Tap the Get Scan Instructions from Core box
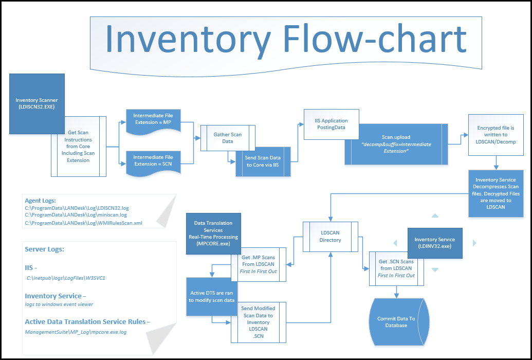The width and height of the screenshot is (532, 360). (x=78, y=147)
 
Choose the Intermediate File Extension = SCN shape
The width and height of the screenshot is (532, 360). (x=153, y=160)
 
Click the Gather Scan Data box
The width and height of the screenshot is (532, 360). (x=227, y=138)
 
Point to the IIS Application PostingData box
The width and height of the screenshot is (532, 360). (x=331, y=124)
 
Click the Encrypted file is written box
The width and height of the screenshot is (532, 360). (x=496, y=135)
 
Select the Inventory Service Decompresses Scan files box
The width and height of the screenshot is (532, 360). (x=496, y=193)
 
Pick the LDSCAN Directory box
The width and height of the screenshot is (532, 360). (x=331, y=237)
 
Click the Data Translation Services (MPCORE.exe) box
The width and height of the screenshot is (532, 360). (x=213, y=233)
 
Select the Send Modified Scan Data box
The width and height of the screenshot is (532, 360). (x=258, y=322)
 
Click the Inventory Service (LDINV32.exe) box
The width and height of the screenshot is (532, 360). (x=435, y=243)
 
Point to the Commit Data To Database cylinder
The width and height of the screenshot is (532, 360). (x=396, y=322)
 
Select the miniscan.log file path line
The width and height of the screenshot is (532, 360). (x=76, y=215)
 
